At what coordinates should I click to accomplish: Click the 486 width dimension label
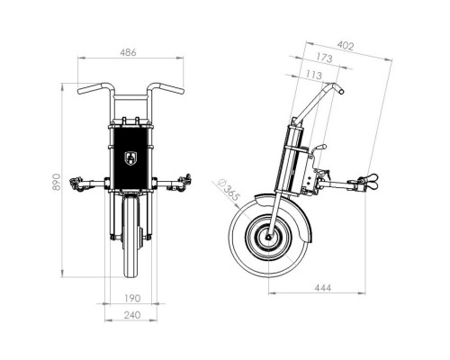[128, 52]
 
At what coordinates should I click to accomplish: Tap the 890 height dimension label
[57, 182]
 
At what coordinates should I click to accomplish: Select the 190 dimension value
[132, 298]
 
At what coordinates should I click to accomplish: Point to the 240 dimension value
[132, 315]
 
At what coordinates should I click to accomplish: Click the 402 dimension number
[346, 46]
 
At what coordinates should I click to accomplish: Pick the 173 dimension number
[324, 58]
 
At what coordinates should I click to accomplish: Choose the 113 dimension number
[314, 75]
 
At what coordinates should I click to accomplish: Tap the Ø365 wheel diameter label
[229, 190]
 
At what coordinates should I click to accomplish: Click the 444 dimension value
[323, 288]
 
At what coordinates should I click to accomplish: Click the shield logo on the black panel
[130, 158]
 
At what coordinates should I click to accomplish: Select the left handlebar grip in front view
[89, 89]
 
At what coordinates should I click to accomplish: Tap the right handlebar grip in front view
[171, 89]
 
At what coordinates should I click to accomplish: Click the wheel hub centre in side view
[268, 237]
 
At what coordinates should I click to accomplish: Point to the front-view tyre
[130, 237]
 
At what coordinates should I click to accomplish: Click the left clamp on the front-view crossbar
[77, 184]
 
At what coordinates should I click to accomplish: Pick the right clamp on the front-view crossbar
[184, 183]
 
